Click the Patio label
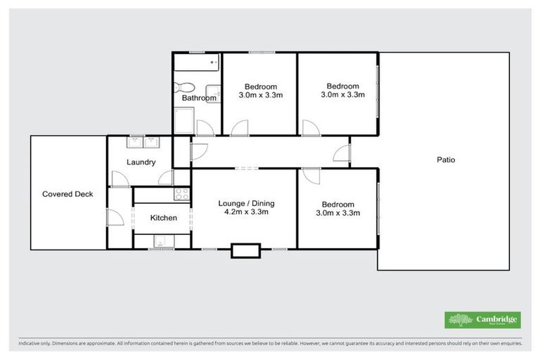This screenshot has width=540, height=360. pyautogui.click(x=446, y=160)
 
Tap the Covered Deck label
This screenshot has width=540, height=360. pyautogui.click(x=67, y=194)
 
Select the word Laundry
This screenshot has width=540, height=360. pyautogui.click(x=140, y=162)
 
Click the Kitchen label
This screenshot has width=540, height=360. pyautogui.click(x=163, y=218)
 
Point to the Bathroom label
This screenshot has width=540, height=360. pyautogui.click(x=199, y=98)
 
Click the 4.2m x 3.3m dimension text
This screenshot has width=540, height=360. pyautogui.click(x=245, y=212)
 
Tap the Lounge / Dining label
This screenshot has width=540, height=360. pyautogui.click(x=245, y=203)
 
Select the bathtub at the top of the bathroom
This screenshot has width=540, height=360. pyautogui.click(x=198, y=67)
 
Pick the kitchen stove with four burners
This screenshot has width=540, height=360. pyautogui.click(x=182, y=195)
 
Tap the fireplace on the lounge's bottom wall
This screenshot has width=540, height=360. pyautogui.click(x=245, y=250)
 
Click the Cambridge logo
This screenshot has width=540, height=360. pyautogui.click(x=482, y=319)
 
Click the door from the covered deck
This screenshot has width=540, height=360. pyautogui.click(x=112, y=217)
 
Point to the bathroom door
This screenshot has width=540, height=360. pyautogui.click(x=205, y=127)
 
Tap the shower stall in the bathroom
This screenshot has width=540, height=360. pyautogui.click(x=182, y=123)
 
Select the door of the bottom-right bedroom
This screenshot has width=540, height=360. pyautogui.click(x=310, y=176)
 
